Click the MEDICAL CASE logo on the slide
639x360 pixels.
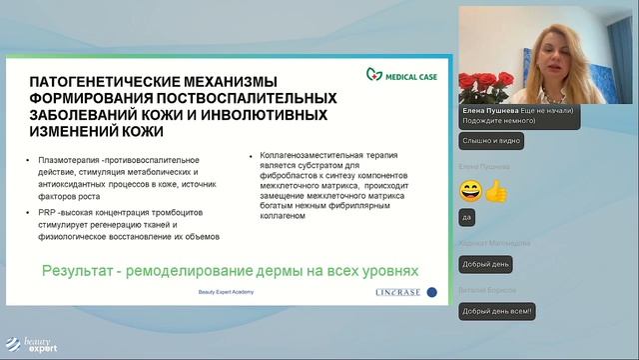coord(397,73)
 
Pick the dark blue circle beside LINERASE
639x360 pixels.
coord(431,292)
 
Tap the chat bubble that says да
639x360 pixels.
coord(465,216)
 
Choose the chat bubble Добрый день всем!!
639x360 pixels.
coord(498,313)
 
